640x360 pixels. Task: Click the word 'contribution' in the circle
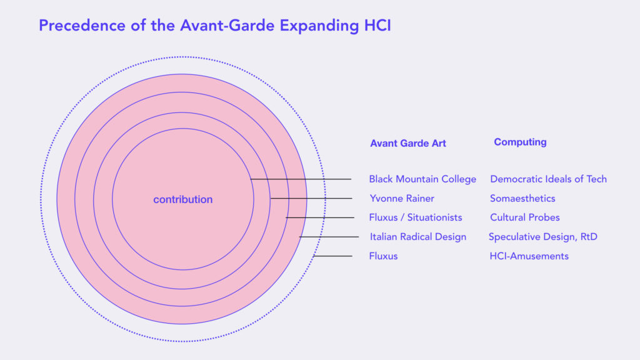coord(183,199)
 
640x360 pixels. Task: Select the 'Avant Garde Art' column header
coord(407,143)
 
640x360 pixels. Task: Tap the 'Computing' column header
coord(520,142)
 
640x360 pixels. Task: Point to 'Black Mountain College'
coord(422,179)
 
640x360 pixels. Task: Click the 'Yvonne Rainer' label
coord(402,198)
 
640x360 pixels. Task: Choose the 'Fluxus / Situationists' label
coord(416,217)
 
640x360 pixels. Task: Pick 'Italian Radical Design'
coord(418,237)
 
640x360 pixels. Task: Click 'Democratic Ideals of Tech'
coord(548,179)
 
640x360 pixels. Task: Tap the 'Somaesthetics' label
coord(522,198)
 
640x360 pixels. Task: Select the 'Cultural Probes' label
coord(524,217)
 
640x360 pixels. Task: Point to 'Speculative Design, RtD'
coord(543,237)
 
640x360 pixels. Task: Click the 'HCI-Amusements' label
coord(529,256)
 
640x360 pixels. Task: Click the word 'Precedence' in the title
coord(82,25)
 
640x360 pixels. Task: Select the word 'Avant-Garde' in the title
coord(227,25)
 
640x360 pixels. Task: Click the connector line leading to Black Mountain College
coord(301,179)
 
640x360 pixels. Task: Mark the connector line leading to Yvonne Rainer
coord(311,198)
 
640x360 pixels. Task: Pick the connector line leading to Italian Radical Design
coord(329,237)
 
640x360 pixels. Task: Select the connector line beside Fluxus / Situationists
coord(320,217)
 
